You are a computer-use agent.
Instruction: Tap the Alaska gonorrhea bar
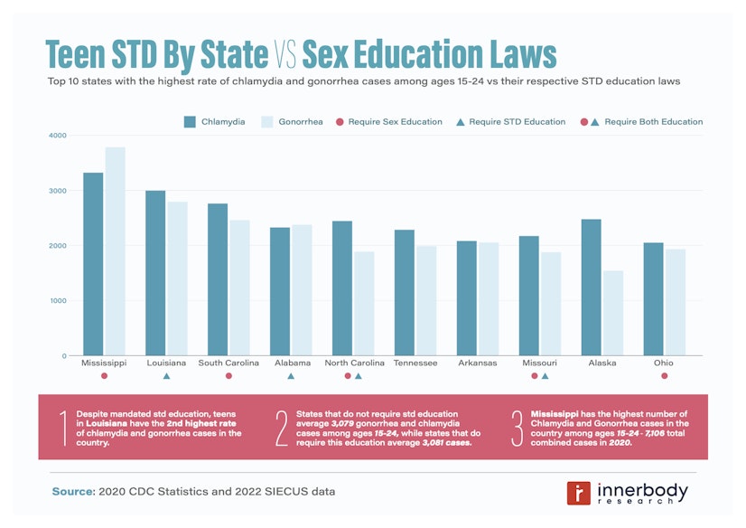pos(612,313)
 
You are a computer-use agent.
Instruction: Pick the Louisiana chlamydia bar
pos(155,272)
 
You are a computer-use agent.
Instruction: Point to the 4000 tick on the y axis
pos(57,136)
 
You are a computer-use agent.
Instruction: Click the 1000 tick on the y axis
pos(57,301)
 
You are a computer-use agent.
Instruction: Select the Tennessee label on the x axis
pos(415,363)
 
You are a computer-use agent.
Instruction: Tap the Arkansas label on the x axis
pos(478,363)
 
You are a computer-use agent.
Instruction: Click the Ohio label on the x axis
pos(664,363)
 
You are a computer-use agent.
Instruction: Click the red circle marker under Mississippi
pos(104,376)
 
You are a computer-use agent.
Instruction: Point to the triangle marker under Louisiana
pos(166,376)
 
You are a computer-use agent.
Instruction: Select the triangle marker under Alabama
pos(291,376)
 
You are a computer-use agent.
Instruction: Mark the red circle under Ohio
pos(664,376)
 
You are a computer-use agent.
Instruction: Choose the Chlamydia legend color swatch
pos(191,121)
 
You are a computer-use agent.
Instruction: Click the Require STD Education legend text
pos(518,121)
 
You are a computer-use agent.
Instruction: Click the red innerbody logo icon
pos(578,493)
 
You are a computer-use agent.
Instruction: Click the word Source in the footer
pos(71,490)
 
